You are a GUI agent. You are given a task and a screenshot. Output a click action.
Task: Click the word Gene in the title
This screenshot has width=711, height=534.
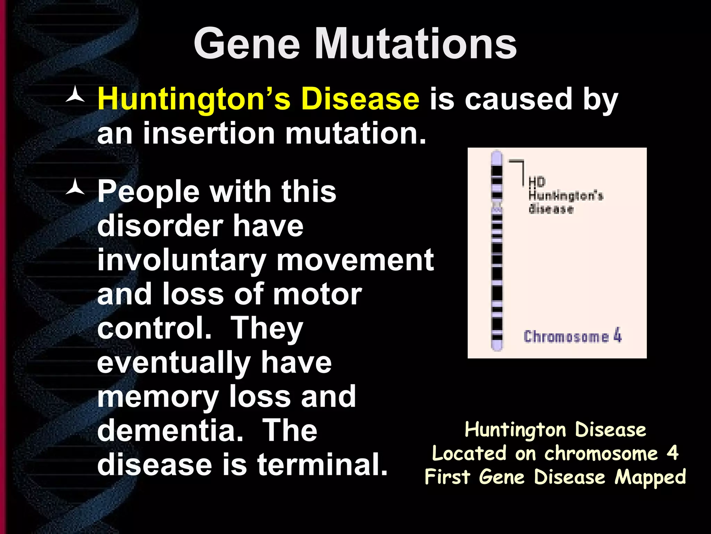tap(247, 44)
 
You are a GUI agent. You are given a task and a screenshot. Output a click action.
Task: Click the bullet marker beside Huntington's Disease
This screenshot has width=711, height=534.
tap(75, 96)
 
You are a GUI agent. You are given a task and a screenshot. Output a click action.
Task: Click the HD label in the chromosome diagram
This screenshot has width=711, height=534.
tap(537, 181)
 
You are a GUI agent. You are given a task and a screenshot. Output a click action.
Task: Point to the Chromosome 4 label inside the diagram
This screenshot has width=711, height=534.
tap(572, 336)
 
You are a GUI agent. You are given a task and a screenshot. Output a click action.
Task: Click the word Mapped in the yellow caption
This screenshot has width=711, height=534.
tap(650, 477)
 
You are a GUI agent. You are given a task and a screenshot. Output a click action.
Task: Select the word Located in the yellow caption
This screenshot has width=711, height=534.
tap(469, 454)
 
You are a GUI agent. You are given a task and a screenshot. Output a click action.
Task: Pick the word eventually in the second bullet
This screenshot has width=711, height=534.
tap(174, 363)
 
